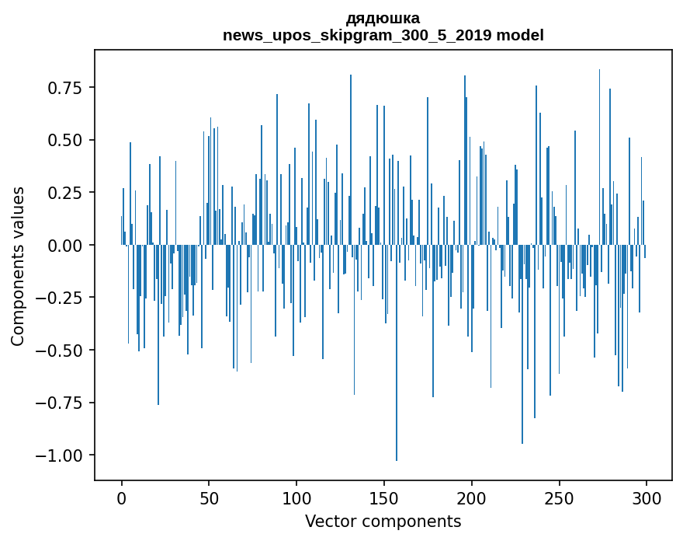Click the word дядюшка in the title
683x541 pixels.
pos(383,18)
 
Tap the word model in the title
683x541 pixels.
pos(520,35)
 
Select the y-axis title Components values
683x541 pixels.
pos(18,266)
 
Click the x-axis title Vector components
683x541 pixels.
pos(383,522)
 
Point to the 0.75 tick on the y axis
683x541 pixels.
pos(66,88)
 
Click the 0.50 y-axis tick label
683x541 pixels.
pos(66,140)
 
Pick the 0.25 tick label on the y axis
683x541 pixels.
pos(66,193)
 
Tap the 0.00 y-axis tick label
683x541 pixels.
pos(66,245)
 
